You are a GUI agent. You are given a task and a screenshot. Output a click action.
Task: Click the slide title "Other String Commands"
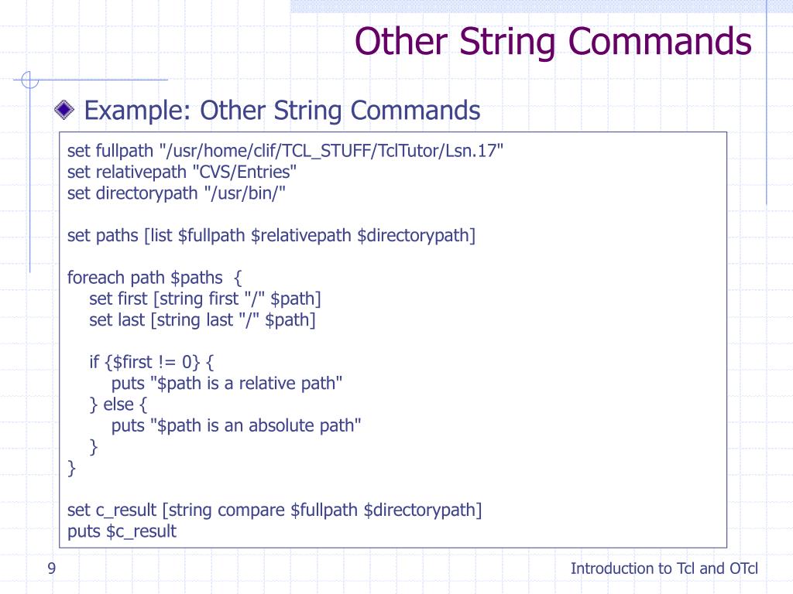[x=553, y=41]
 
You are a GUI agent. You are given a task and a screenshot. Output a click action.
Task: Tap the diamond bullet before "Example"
[x=66, y=111]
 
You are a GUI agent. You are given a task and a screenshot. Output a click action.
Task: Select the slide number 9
[x=51, y=569]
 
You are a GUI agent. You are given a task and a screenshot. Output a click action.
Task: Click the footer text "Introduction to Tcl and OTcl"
[x=664, y=569]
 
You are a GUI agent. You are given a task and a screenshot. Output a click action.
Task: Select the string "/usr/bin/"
[x=245, y=193]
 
